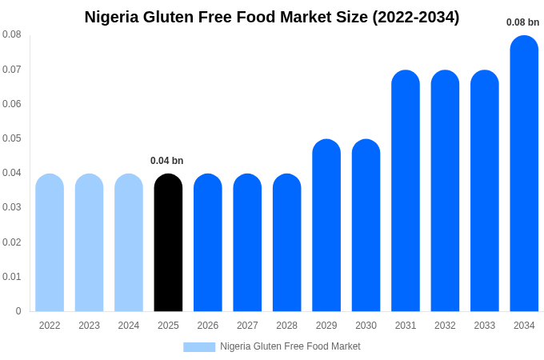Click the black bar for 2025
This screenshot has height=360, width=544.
tap(168, 243)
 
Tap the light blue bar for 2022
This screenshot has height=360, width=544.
tap(50, 243)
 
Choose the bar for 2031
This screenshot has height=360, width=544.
tap(406, 192)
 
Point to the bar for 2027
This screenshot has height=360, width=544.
tap(247, 243)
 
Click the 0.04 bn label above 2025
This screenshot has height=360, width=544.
tap(167, 161)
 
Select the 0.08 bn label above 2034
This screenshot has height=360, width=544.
tap(522, 22)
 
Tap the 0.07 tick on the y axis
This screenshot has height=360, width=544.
tap(12, 70)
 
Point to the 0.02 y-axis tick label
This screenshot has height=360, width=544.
tap(12, 242)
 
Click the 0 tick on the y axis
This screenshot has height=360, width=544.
tap(18, 311)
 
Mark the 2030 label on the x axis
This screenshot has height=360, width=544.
tap(366, 326)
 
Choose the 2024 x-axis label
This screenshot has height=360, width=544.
tap(129, 326)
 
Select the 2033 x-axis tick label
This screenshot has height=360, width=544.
tap(484, 326)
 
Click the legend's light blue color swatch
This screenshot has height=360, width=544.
tap(199, 347)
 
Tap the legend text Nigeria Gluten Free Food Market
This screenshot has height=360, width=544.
tap(290, 346)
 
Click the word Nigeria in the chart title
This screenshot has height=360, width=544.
tap(112, 17)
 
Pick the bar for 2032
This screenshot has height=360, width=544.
tap(445, 192)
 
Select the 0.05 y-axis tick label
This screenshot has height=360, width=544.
tap(12, 138)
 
